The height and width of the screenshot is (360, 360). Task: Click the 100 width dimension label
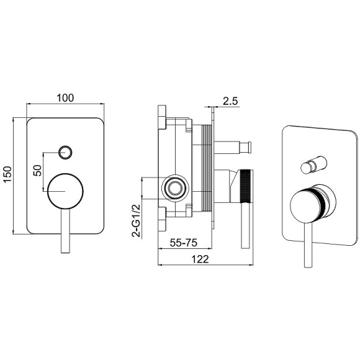click(x=65, y=98)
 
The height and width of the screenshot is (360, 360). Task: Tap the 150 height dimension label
click(x=7, y=174)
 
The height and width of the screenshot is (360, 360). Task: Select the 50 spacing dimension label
click(x=38, y=171)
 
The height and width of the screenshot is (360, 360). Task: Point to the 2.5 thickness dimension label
click(x=230, y=101)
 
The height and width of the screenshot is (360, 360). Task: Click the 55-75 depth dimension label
click(x=184, y=243)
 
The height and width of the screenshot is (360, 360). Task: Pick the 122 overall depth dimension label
click(x=200, y=259)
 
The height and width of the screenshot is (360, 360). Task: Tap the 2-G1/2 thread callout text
click(x=136, y=220)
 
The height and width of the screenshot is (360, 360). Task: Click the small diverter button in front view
click(x=65, y=152)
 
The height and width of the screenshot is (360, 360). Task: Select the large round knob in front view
click(x=65, y=191)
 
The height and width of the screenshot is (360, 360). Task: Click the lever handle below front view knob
click(x=65, y=231)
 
